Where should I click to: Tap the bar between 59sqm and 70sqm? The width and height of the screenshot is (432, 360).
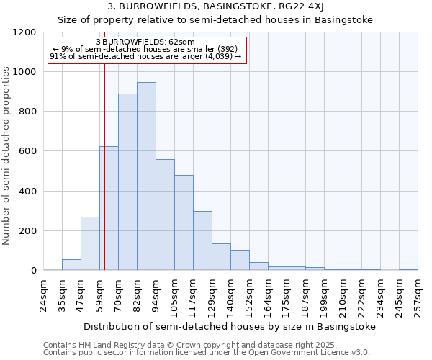tap(109, 209)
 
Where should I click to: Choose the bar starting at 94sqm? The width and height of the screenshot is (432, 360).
tap(165, 215)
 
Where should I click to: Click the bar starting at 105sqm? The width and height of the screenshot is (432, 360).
tap(184, 223)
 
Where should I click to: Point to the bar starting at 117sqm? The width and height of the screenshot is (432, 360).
tap(202, 241)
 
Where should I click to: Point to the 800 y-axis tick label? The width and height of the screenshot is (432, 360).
tap(27, 112)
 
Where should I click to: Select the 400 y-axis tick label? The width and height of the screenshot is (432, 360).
tap(27, 192)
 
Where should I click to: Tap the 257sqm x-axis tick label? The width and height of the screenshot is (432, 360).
tap(418, 296)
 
